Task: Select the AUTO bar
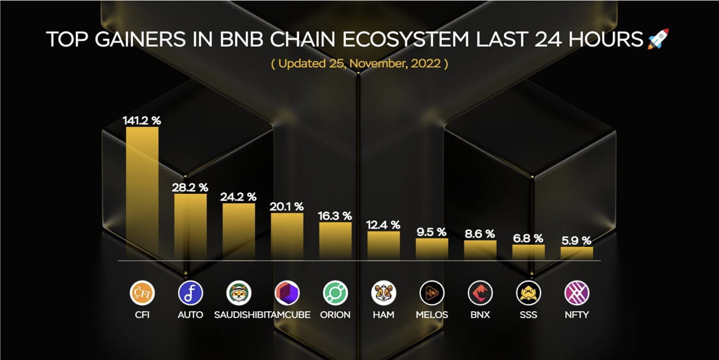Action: click(x=190, y=226)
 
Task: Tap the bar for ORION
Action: click(x=335, y=240)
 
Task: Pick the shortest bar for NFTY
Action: click(x=576, y=253)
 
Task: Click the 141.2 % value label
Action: click(x=142, y=120)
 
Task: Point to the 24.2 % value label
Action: click(x=238, y=197)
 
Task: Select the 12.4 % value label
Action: click(x=383, y=225)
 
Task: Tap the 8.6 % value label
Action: click(x=480, y=234)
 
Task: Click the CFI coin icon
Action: click(x=142, y=293)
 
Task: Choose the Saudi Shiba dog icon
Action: click(x=238, y=293)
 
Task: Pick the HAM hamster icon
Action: click(x=384, y=293)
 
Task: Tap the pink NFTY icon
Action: click(x=577, y=293)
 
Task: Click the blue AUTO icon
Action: click(x=190, y=293)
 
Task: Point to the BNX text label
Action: click(x=480, y=314)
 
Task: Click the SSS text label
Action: click(x=529, y=314)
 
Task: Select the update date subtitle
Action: click(x=359, y=64)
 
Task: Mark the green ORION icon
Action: click(x=335, y=293)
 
